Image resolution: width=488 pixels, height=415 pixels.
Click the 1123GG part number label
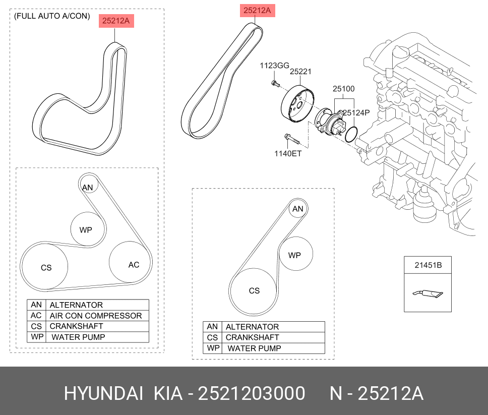point(274,66)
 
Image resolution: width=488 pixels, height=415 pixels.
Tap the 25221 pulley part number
point(300,72)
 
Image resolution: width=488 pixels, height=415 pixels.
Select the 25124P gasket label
point(356,113)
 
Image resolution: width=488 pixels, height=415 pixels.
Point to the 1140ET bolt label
point(287,153)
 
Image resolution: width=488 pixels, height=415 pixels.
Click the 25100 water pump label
point(343,89)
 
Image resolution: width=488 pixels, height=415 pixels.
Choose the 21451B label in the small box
point(428,265)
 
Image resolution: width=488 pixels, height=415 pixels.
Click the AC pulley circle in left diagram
point(131,263)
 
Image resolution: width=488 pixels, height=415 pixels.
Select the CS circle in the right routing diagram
point(253,291)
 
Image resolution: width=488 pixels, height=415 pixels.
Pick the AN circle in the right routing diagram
point(298,209)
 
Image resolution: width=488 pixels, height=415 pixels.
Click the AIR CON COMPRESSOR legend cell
point(96,316)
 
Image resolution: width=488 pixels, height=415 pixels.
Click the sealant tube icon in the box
point(428,293)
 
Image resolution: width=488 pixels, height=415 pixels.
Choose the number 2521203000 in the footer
point(251,393)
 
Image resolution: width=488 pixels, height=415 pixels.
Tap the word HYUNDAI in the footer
point(104,393)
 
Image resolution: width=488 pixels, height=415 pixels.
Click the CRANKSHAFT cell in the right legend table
point(252,337)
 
